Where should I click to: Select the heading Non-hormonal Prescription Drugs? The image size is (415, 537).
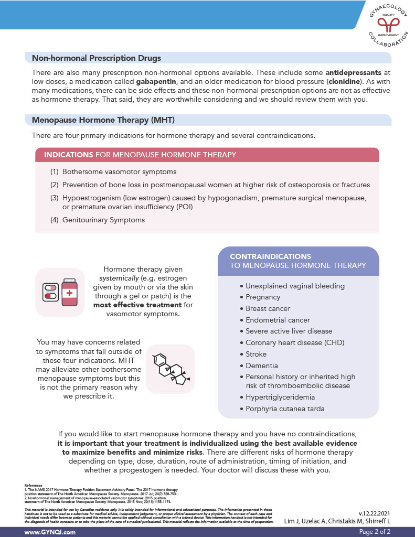click(x=97, y=58)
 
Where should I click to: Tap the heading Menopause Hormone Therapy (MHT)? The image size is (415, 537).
click(x=103, y=120)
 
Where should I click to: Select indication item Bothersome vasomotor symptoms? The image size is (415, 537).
click(x=119, y=171)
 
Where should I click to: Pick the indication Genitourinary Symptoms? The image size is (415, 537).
click(x=103, y=220)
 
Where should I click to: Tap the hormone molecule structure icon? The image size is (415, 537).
click(x=170, y=369)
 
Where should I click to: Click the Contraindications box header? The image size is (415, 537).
click(x=297, y=261)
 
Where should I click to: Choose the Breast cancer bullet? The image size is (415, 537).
click(x=268, y=308)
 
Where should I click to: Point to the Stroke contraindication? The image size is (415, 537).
click(x=256, y=354)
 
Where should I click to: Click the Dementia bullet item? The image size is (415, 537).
click(x=261, y=366)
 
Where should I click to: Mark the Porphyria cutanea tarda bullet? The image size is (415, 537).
click(x=285, y=409)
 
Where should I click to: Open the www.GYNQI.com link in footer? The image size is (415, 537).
click(x=50, y=532)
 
